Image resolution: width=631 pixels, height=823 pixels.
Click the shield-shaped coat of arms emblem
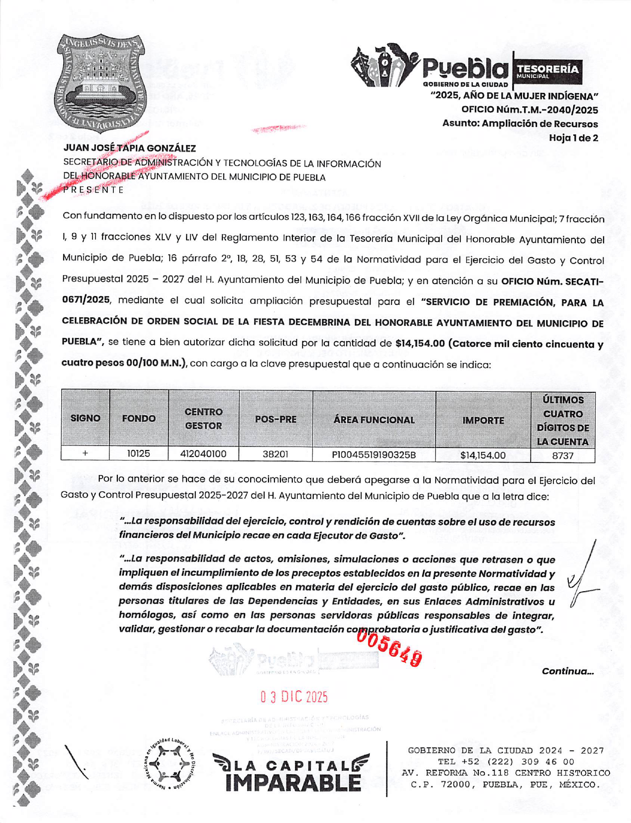pos(100,82)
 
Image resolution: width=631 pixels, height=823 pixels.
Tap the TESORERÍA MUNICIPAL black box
pos(547,71)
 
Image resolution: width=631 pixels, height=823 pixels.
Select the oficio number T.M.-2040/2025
pos(530,110)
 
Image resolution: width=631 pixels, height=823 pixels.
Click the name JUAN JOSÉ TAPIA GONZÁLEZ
pos(129,148)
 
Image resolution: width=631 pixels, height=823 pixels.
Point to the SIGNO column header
pos(85,418)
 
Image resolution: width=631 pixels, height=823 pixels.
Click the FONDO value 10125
pos(138,454)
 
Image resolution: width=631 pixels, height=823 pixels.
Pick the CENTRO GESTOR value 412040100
pos(203,454)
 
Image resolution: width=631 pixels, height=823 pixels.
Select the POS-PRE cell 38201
pos(275,454)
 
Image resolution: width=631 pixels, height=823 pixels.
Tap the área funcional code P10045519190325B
pos(374,455)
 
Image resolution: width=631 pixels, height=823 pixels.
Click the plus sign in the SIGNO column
pos(85,454)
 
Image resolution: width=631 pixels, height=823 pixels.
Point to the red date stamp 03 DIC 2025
pos(294,697)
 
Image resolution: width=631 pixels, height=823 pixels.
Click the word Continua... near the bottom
pos(567,671)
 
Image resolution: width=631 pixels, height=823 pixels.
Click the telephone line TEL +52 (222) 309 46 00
pos(506,762)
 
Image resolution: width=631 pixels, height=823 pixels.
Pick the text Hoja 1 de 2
pos(573,138)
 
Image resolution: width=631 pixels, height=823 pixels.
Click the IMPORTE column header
pos(483,420)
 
